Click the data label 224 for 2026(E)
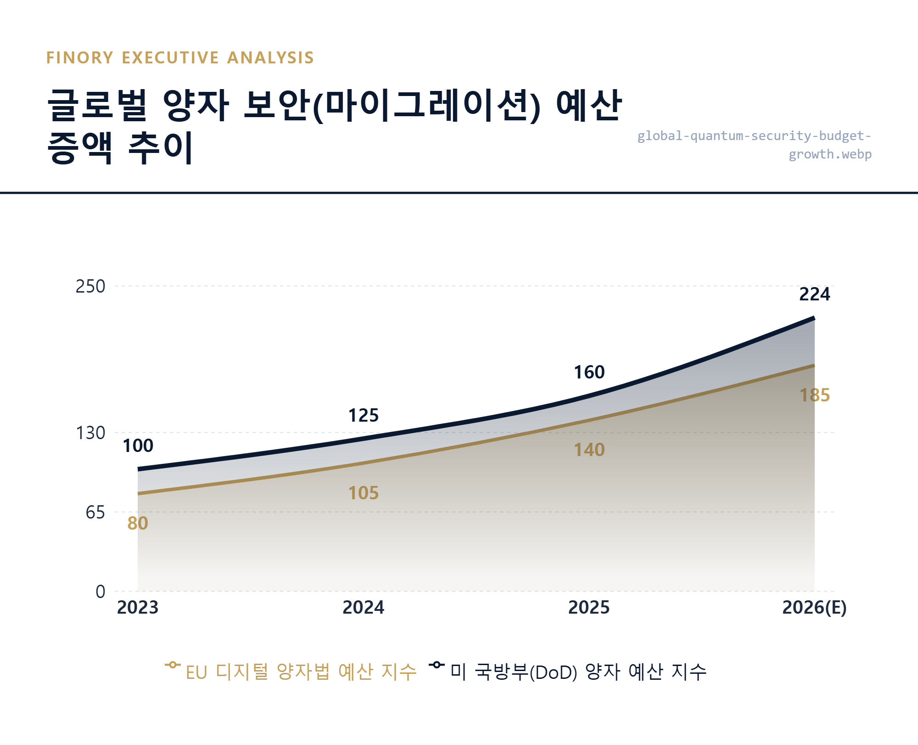(x=814, y=294)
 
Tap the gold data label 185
(x=814, y=395)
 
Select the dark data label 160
(x=589, y=372)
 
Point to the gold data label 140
(x=589, y=450)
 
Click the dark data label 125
(x=363, y=416)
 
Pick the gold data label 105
(x=363, y=493)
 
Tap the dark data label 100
(x=138, y=446)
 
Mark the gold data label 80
(x=138, y=524)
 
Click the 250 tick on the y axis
(x=90, y=287)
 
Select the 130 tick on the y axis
(x=90, y=433)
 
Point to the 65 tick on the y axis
(x=95, y=513)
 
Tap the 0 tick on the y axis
(x=100, y=592)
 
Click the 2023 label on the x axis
(x=138, y=608)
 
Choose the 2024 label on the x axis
(x=363, y=608)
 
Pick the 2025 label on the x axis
(x=589, y=608)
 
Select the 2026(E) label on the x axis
(x=814, y=608)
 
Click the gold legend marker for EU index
(x=173, y=665)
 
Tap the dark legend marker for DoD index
(x=437, y=665)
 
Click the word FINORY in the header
(x=80, y=58)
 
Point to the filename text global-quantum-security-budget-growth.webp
(x=754, y=145)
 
